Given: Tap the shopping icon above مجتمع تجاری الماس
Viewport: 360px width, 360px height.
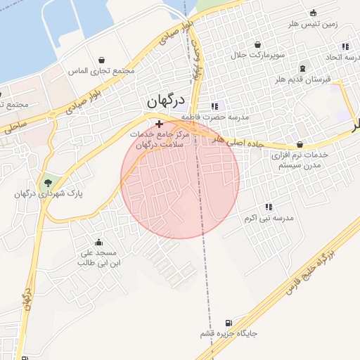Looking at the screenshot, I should pyautogui.click(x=103, y=60).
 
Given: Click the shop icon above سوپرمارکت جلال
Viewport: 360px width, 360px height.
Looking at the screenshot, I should pyautogui.click(x=258, y=44).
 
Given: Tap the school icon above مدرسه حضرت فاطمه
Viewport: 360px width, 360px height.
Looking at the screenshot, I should pyautogui.click(x=215, y=106).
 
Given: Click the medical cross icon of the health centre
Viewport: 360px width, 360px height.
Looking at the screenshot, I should pyautogui.click(x=159, y=123).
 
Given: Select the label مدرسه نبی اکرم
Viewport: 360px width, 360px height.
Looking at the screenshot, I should pyautogui.click(x=267, y=219).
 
